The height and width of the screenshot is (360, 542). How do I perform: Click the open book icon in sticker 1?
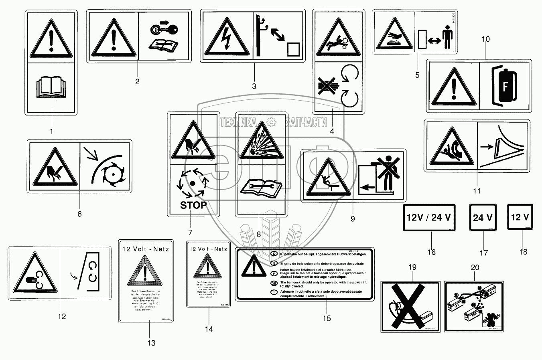(x=51, y=88)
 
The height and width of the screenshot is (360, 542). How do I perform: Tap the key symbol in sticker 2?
(x=159, y=30)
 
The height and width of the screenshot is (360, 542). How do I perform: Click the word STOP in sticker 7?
(x=193, y=205)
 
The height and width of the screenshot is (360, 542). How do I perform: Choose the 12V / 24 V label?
(x=429, y=218)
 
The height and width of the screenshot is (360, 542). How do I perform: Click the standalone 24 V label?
(x=483, y=218)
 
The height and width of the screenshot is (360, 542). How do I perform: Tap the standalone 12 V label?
(x=520, y=217)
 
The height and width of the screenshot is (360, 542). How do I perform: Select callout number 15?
(x=327, y=318)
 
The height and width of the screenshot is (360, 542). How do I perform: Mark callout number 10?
(x=485, y=39)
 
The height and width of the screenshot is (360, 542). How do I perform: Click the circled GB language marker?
(x=274, y=283)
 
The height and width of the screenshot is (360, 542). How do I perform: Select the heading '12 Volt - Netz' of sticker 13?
(x=146, y=249)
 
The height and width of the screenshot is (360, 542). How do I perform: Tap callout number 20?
(x=474, y=267)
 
